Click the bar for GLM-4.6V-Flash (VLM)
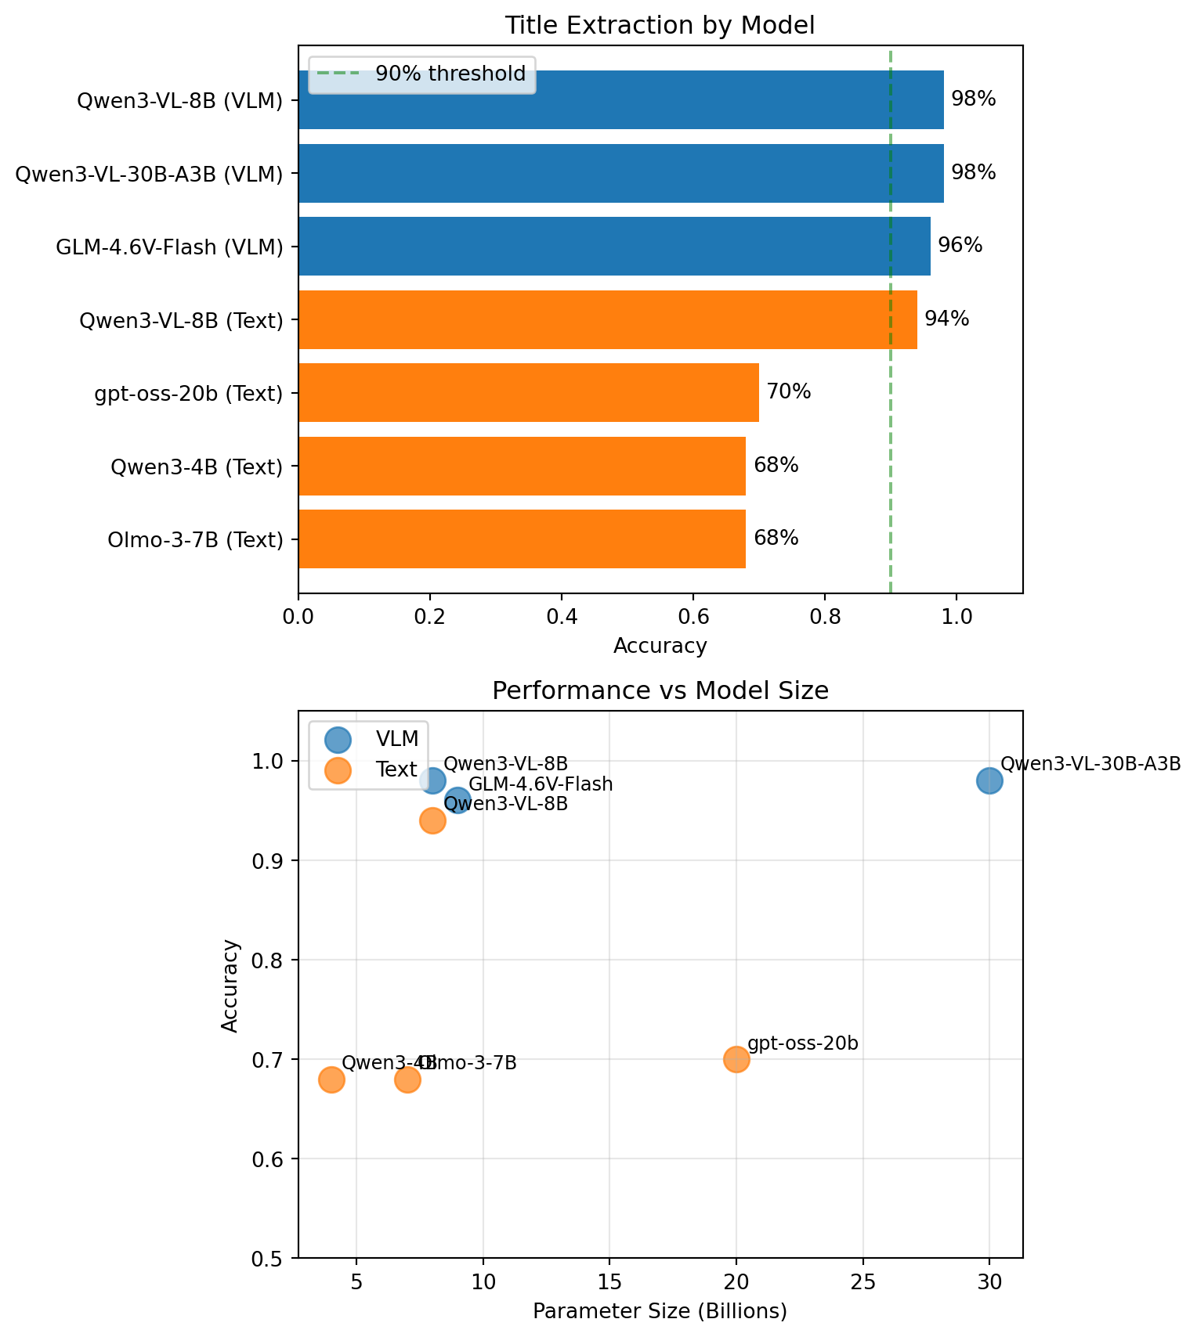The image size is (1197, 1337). click(614, 247)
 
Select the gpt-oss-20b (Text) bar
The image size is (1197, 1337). click(529, 393)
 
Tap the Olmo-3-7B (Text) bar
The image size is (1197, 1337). click(522, 539)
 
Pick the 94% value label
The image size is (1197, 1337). click(946, 319)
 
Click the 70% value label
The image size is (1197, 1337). click(788, 391)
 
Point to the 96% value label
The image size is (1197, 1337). click(960, 246)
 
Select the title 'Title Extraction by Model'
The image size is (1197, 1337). click(660, 26)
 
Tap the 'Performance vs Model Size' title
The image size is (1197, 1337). click(660, 691)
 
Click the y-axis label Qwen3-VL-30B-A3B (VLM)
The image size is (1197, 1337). click(149, 174)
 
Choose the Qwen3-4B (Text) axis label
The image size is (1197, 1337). click(196, 467)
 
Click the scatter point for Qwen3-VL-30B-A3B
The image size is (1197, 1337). click(989, 780)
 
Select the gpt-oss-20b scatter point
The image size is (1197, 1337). click(736, 1059)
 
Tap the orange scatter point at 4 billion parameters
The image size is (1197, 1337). click(331, 1079)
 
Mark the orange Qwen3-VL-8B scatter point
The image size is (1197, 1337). click(432, 820)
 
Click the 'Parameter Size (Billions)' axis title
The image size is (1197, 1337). click(660, 1312)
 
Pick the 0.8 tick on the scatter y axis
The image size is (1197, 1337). click(274, 960)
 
